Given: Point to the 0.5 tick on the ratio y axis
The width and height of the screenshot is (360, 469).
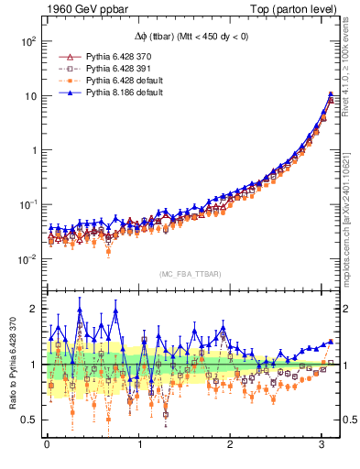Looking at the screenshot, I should click(28, 420).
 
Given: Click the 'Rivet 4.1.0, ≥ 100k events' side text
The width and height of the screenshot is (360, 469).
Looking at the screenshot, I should click(352, 75).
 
